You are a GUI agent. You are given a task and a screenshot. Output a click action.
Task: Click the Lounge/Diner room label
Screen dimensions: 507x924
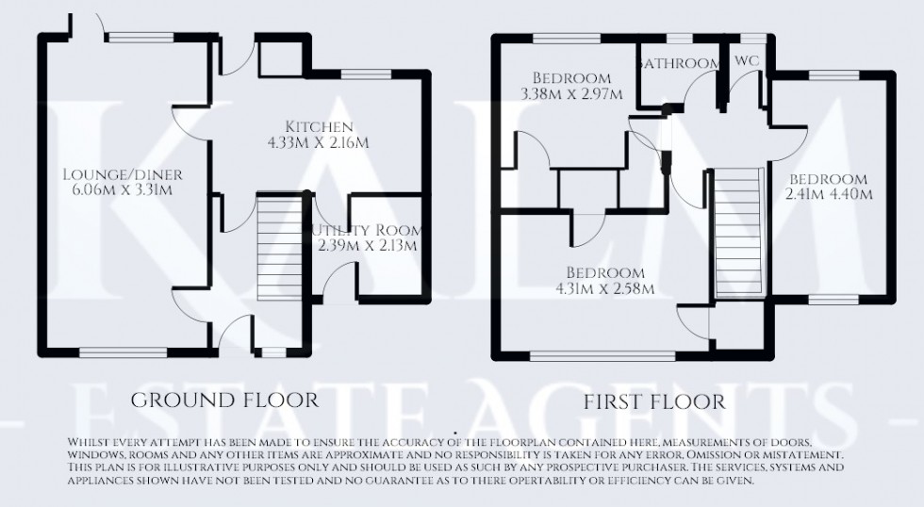point(123,174)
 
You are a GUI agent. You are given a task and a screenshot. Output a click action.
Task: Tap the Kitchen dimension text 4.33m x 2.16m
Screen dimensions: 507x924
point(321,143)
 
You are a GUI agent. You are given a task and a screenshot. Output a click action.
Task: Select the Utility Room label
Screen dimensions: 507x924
point(366,230)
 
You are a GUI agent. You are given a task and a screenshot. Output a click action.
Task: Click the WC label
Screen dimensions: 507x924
point(747,61)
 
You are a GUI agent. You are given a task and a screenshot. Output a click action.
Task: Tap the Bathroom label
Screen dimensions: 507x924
point(679,63)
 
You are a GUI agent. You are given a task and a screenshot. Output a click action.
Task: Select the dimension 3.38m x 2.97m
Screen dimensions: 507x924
point(571,93)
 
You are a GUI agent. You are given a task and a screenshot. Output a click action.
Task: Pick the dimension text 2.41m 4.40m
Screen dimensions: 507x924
point(828,195)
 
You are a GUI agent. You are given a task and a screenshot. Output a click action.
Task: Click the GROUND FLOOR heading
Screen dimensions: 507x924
point(224,400)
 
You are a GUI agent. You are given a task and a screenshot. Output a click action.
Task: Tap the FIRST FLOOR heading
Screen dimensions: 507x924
point(654,401)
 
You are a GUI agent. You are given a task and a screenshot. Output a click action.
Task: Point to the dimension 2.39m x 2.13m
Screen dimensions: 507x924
point(367,246)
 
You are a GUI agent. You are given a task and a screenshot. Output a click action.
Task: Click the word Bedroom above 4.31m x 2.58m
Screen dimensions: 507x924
point(605,272)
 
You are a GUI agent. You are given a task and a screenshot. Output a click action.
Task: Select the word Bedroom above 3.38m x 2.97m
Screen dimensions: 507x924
point(571,77)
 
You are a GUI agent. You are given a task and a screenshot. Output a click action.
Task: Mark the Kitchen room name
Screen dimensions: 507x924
point(321,126)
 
